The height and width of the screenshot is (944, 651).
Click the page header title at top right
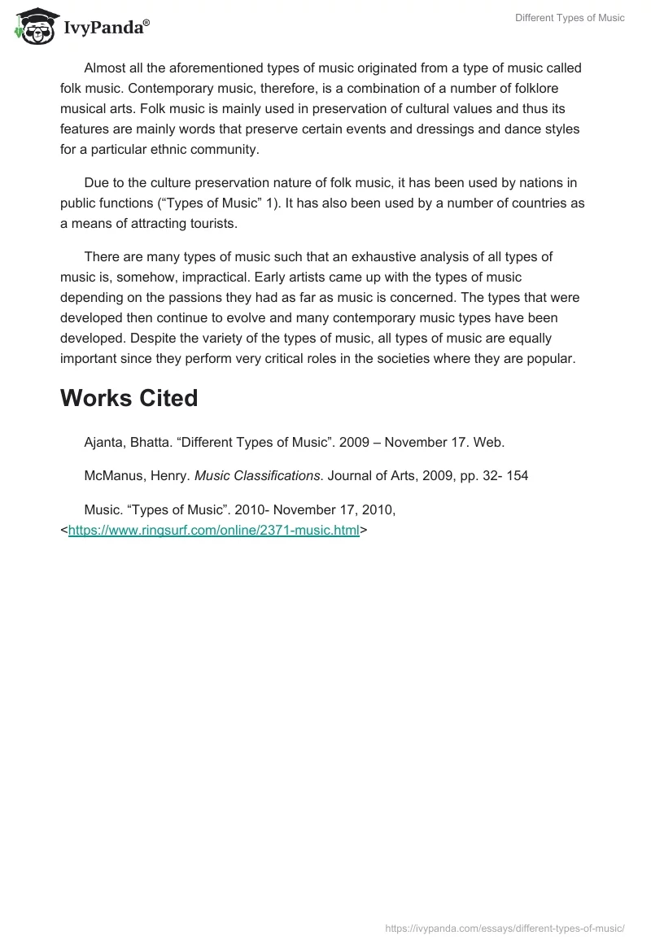(x=570, y=18)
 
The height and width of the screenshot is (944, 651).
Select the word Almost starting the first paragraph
(x=105, y=68)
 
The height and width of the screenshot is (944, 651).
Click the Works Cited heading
(x=129, y=398)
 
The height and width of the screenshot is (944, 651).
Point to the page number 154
(x=517, y=475)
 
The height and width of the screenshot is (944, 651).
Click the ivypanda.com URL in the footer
(x=505, y=928)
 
